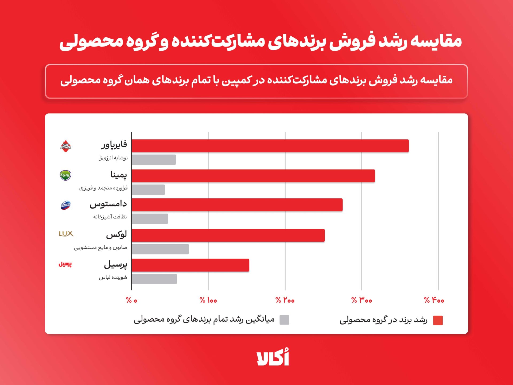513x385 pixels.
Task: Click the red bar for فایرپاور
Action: click(x=270, y=146)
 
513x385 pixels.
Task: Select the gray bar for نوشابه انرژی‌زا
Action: click(x=154, y=160)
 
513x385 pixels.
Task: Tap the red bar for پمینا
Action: click(x=253, y=176)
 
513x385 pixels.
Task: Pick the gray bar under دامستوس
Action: click(x=150, y=219)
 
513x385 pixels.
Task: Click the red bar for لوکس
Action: click(x=228, y=235)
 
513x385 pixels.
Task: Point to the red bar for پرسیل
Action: click(x=190, y=265)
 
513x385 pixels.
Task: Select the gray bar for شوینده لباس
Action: click(x=154, y=279)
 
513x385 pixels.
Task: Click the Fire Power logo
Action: click(x=65, y=146)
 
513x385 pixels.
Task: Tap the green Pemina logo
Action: click(x=65, y=175)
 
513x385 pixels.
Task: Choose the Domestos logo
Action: click(x=65, y=205)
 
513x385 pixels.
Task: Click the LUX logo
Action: click(x=66, y=234)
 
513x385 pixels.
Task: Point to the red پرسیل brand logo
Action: click(x=65, y=264)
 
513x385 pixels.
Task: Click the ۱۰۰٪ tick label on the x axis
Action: click(x=208, y=300)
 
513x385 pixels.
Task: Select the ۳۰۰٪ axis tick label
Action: click(x=362, y=300)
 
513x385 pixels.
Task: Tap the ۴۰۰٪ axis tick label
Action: click(x=434, y=300)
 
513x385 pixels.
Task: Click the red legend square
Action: click(x=438, y=320)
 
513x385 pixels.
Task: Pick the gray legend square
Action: click(x=284, y=320)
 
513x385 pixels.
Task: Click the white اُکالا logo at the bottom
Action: click(x=273, y=357)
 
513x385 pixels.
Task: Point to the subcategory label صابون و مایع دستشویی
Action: click(x=100, y=248)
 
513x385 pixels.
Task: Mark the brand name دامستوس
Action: click(x=108, y=204)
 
